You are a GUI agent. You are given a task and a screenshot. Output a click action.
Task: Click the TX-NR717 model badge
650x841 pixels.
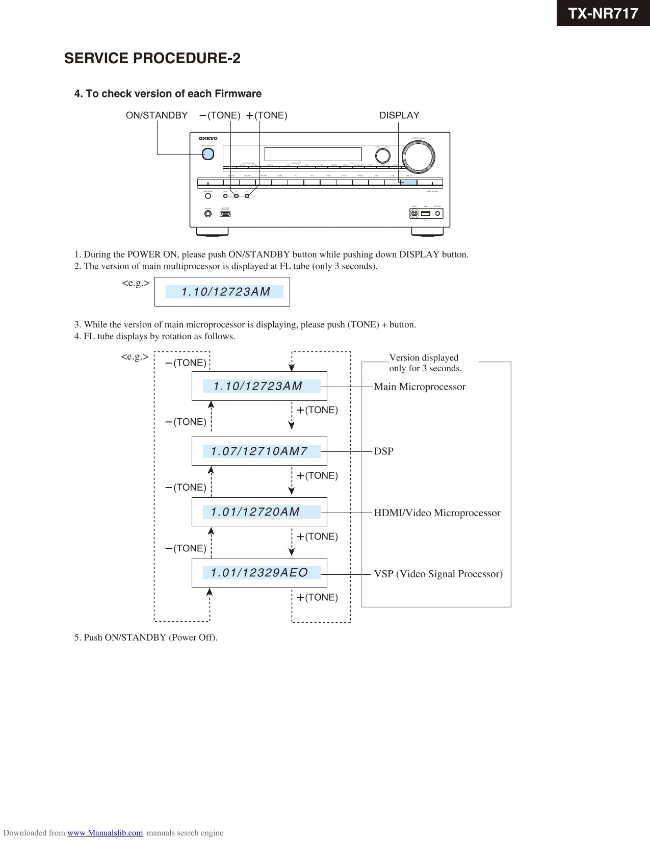coord(603,13)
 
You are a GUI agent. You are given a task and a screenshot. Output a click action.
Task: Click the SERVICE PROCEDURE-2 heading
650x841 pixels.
coord(152,59)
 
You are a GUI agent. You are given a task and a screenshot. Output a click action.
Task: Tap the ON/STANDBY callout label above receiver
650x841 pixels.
coord(157,115)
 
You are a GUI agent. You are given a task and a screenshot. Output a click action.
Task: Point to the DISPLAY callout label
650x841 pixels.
coord(399,115)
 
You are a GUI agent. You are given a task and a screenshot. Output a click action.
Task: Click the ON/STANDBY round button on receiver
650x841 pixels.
coord(207,154)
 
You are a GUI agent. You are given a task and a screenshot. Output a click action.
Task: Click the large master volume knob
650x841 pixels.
coord(418,156)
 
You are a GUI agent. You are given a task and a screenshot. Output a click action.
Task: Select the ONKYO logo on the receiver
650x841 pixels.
coord(207,138)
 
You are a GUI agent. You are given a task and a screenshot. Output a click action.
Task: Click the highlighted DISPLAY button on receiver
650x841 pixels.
coord(408,182)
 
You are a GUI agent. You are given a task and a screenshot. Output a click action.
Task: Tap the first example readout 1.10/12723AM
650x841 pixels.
coord(225,292)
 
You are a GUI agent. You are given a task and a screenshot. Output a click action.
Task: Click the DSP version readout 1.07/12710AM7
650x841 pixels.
coord(260,451)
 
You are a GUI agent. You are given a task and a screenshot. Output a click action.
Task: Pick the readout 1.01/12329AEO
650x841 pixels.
coord(260,573)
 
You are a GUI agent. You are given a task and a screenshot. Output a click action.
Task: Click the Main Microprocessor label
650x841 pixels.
coord(420,387)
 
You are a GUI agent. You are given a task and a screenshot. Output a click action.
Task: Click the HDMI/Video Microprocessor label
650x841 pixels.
coord(437,513)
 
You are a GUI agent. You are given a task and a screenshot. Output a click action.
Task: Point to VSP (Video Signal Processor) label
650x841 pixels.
coord(438,574)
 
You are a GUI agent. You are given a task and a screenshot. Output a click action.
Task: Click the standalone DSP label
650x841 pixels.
coord(383,451)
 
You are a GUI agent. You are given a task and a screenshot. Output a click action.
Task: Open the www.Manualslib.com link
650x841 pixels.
coord(105,833)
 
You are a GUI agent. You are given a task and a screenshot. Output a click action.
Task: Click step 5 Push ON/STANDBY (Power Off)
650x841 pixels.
coord(146,638)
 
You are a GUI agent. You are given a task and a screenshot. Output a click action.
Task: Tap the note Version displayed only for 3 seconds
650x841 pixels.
coord(425,363)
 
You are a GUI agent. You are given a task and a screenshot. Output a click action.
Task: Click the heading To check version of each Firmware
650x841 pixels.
coord(168,94)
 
